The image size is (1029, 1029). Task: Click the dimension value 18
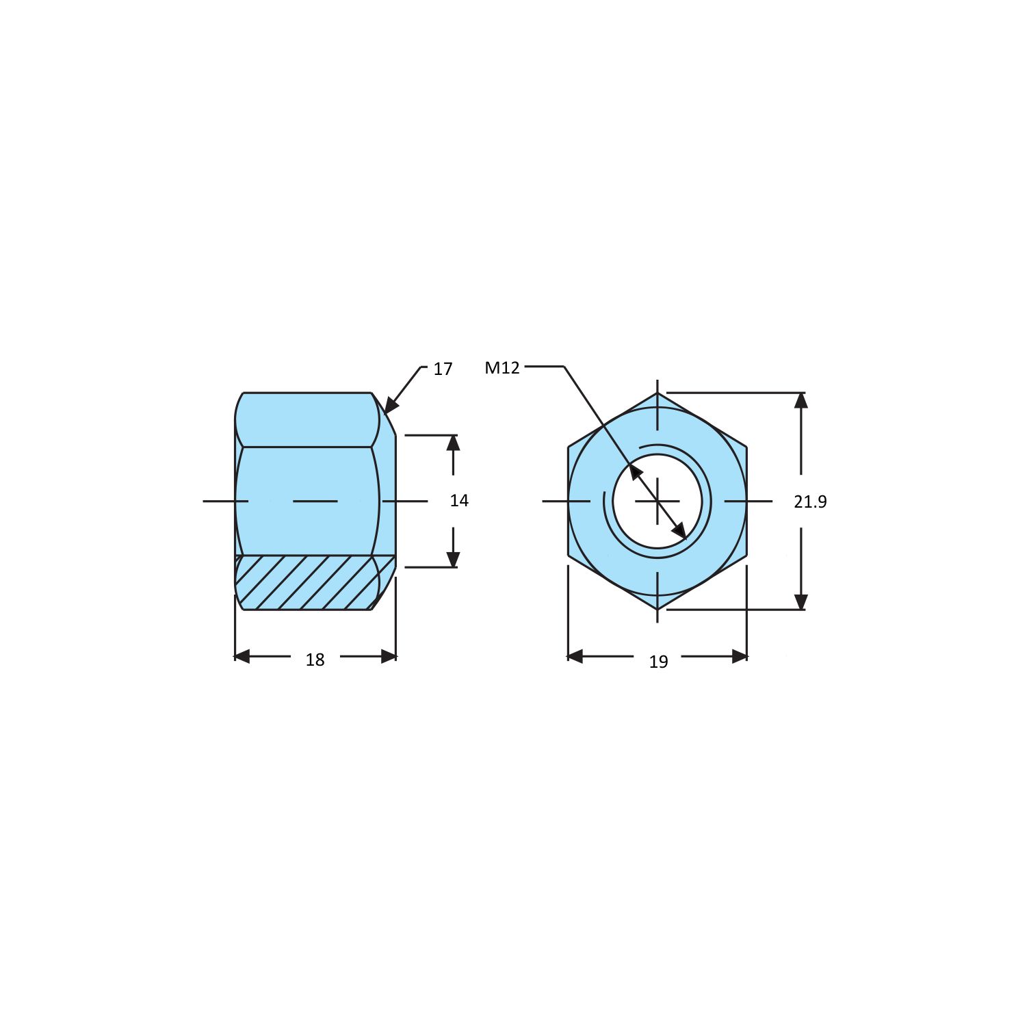pos(315,660)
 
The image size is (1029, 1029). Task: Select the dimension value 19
pos(658,662)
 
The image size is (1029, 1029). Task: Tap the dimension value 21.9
pos(810,502)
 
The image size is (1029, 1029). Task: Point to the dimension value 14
pos(459,501)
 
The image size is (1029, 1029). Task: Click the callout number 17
pos(443,369)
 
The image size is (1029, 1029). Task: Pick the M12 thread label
pos(502,367)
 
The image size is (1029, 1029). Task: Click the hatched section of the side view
pos(315,582)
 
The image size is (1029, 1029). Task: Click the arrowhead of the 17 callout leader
pos(391,405)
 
